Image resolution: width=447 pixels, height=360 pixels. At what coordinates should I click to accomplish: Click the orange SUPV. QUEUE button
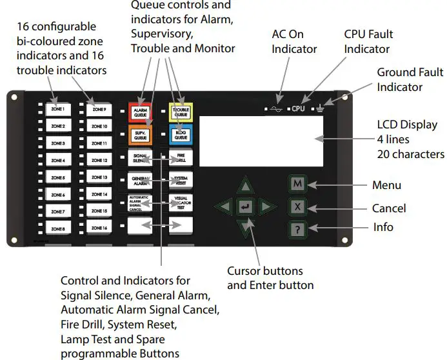(140, 135)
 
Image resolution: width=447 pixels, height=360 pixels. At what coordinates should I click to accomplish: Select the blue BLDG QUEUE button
(180, 135)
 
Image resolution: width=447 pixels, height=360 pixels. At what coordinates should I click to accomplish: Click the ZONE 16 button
(99, 228)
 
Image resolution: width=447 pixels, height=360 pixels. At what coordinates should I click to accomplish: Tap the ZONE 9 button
(99, 109)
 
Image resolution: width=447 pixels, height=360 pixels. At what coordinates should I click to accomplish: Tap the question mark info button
(297, 228)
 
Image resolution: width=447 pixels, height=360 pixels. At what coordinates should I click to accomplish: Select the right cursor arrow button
(267, 207)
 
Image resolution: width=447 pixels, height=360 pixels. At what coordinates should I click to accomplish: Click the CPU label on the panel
(297, 109)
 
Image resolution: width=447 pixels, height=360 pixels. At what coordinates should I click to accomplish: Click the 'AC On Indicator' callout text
(294, 42)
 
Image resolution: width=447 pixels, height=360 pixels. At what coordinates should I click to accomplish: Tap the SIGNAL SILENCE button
(140, 158)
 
